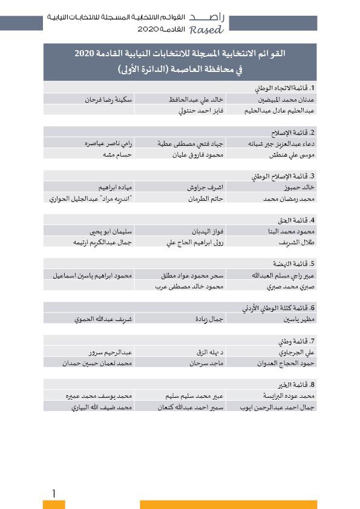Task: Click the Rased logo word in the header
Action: coord(206,30)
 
